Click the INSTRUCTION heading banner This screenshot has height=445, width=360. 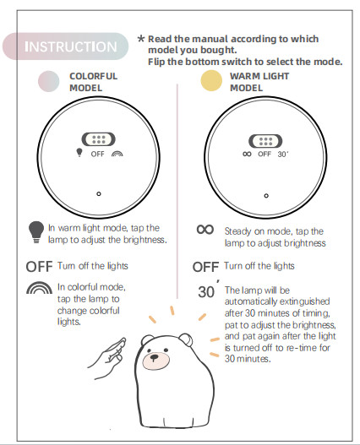coord(71,46)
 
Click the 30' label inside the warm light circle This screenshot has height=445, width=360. coord(283,155)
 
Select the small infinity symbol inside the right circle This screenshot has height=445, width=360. coord(248,155)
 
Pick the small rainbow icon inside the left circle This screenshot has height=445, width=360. coord(116,155)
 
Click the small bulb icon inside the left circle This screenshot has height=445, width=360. coord(80,155)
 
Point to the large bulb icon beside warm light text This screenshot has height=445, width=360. coord(35,230)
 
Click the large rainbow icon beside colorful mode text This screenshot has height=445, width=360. coord(38,292)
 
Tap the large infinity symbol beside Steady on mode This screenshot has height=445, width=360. coord(205,229)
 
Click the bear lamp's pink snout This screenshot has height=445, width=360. coord(155,361)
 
